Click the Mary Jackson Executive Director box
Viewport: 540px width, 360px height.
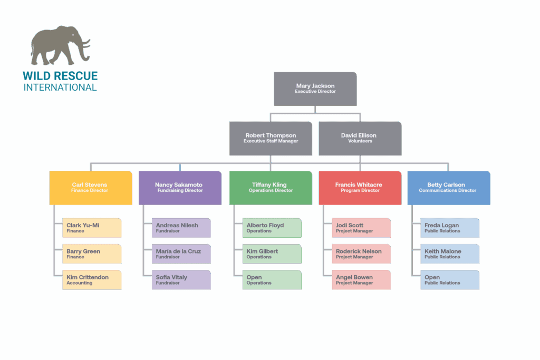pos(315,89)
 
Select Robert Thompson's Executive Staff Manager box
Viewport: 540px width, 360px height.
pos(271,138)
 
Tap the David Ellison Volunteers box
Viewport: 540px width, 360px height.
pos(360,138)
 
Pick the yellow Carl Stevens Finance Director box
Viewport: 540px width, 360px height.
pos(90,188)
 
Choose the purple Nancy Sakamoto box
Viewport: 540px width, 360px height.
pos(179,188)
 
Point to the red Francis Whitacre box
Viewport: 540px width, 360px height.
pos(359,188)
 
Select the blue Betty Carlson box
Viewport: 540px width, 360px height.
pos(448,188)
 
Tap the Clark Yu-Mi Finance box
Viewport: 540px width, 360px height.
pos(92,228)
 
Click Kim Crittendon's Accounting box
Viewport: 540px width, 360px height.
pos(92,280)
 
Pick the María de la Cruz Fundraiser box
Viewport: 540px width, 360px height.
pos(181,254)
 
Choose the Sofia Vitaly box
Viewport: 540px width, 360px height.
pos(181,280)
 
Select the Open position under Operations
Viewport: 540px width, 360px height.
pos(272,280)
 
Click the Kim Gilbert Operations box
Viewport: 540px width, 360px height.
pos(272,254)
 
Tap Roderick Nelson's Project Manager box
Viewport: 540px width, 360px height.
pos(361,254)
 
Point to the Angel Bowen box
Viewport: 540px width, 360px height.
pos(361,280)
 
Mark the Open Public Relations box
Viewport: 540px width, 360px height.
pos(450,280)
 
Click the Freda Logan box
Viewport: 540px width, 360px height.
pos(450,228)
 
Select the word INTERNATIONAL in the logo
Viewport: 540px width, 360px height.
pos(60,87)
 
